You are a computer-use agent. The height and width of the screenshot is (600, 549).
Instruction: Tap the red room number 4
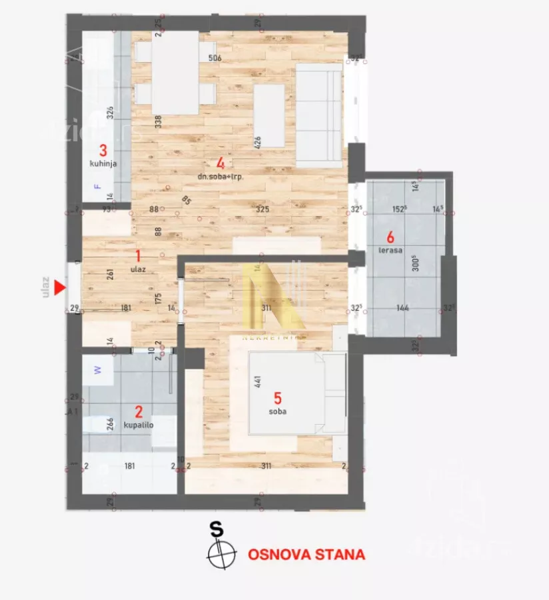point(220,162)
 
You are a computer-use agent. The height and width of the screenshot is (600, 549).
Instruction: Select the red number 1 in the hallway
point(138,255)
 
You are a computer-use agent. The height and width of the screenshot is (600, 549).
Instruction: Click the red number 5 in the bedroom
point(278,399)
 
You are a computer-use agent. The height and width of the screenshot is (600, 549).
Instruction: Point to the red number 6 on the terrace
point(390,236)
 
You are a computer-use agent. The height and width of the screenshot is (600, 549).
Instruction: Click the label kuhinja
point(103,163)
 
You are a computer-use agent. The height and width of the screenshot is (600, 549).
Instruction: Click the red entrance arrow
point(60,288)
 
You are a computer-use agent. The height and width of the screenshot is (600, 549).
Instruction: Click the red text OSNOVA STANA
point(306,554)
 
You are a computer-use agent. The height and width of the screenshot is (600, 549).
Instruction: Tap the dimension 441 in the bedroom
point(257,382)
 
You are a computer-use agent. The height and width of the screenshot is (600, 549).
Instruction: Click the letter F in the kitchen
point(99,187)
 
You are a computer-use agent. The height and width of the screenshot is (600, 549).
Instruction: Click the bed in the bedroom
point(296,393)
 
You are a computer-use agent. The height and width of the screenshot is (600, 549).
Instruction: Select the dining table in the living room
point(175,72)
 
